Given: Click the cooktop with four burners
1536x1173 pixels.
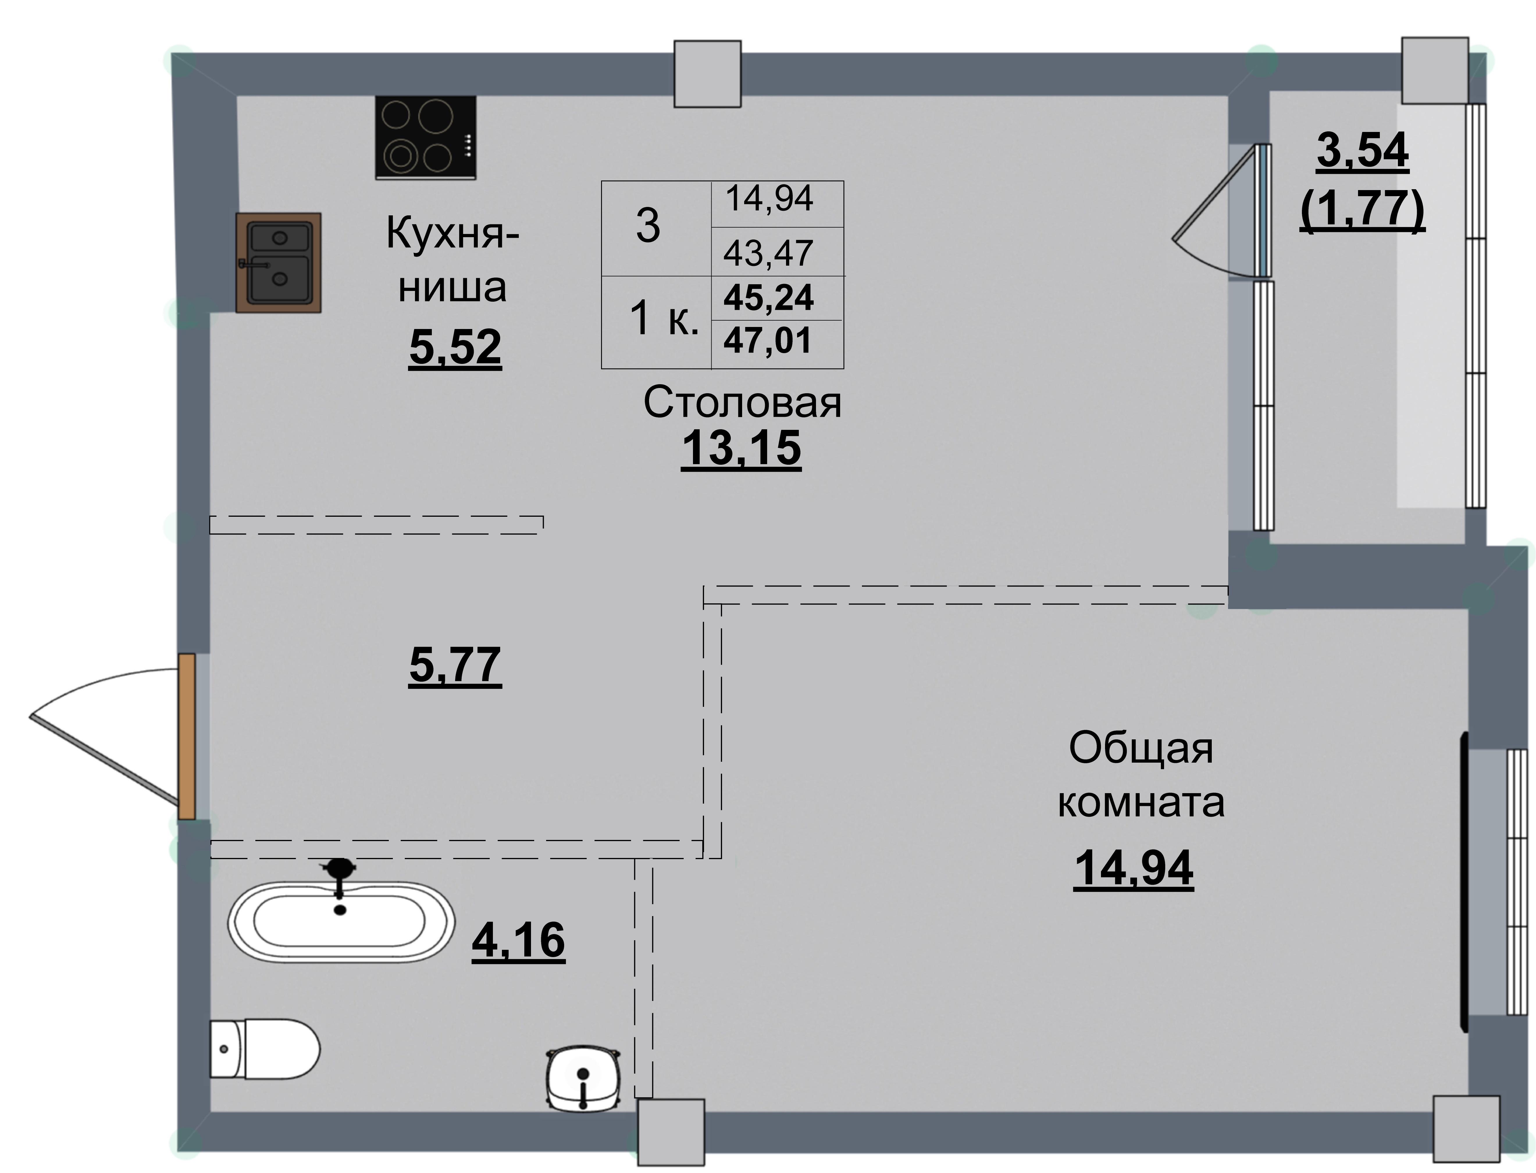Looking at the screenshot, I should click(x=425, y=137).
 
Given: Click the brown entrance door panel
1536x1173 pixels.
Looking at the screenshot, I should click(x=186, y=737).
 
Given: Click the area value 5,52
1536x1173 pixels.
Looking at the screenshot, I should click(x=455, y=347).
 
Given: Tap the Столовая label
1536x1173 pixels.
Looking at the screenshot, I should click(x=742, y=403).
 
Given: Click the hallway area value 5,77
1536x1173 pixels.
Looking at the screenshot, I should click(x=455, y=665).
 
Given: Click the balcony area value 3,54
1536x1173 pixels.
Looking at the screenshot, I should click(x=1362, y=151).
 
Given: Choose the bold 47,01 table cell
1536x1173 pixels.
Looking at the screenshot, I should click(x=768, y=341).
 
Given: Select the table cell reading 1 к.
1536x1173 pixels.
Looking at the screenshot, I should click(x=664, y=319).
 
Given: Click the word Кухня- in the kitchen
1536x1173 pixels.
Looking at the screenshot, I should click(x=452, y=233).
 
